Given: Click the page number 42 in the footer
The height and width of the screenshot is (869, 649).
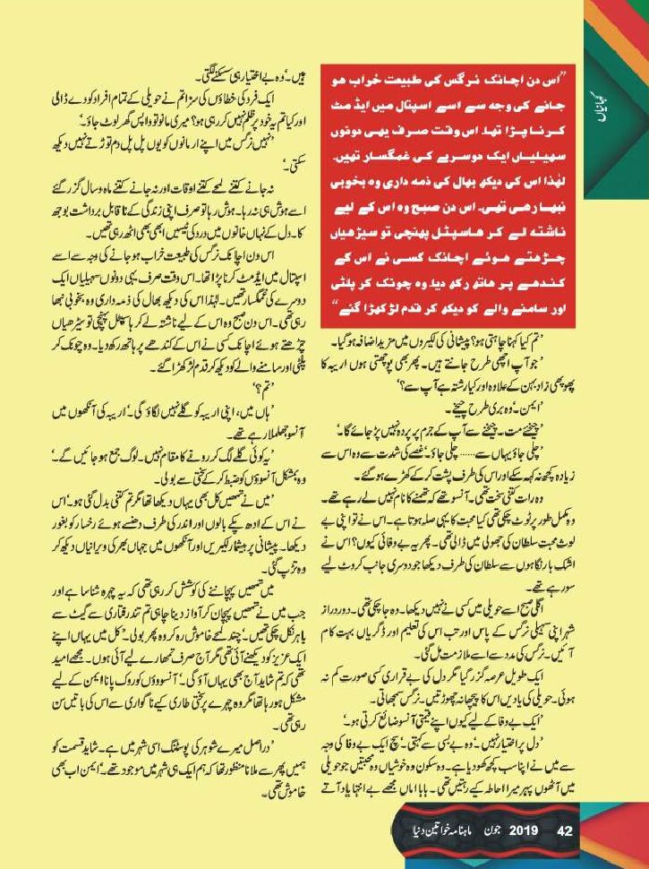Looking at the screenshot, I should coord(563,829).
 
